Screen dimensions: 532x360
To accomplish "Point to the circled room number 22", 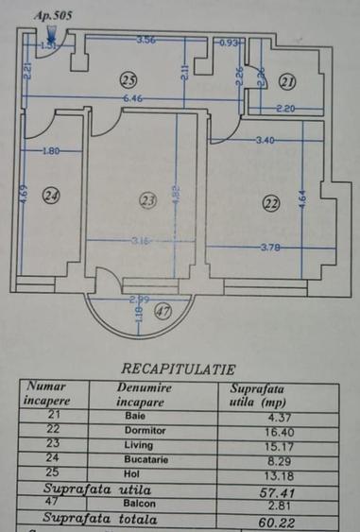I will click(x=272, y=201).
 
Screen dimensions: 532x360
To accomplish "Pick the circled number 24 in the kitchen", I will click(x=51, y=196).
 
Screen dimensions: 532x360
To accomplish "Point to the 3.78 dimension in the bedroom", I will click(x=271, y=248).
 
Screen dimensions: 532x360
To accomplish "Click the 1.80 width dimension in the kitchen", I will click(x=51, y=151).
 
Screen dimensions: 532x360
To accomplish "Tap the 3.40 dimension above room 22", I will click(x=266, y=142).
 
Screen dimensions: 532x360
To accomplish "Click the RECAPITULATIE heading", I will click(x=179, y=369).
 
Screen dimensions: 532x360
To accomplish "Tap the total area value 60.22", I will click(x=268, y=521).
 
